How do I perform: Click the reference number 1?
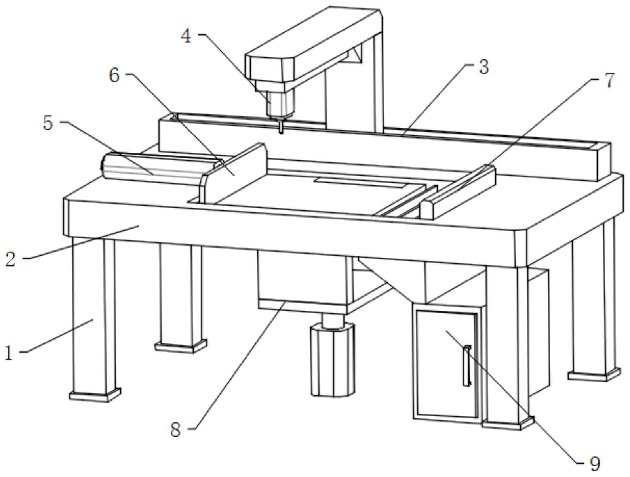(10, 353)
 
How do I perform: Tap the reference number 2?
(11, 259)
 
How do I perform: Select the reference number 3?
(483, 67)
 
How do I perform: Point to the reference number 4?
(187, 36)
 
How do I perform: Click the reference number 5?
(48, 124)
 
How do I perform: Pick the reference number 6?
(114, 76)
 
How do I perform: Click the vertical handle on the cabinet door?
(467, 365)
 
